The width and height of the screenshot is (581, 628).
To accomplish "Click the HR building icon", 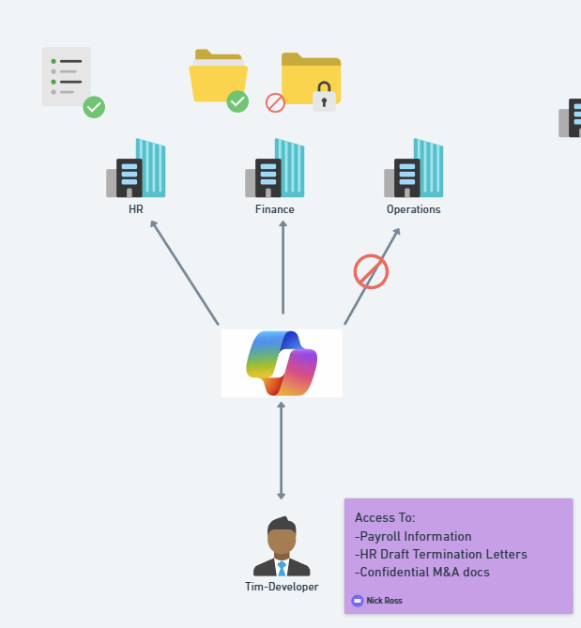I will (136, 169).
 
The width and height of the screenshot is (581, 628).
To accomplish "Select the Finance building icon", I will (275, 169).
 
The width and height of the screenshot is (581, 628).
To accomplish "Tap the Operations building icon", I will (414, 169).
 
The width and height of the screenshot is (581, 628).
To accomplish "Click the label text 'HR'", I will (136, 209).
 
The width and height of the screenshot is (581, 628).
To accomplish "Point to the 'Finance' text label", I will (275, 209).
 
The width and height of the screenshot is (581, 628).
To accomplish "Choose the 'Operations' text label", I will (414, 209).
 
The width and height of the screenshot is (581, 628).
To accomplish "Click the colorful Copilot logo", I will (282, 363).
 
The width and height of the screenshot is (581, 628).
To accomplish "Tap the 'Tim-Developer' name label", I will (282, 587).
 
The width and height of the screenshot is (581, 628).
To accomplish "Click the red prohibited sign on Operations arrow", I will (371, 272).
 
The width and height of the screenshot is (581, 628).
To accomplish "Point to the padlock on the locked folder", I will (324, 97).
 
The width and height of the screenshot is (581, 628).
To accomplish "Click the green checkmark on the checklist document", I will (94, 107).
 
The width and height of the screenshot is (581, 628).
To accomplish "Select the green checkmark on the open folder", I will (237, 101).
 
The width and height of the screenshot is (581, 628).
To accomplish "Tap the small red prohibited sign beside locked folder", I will (275, 102).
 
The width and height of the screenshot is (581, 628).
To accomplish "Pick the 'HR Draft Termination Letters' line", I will (441, 554).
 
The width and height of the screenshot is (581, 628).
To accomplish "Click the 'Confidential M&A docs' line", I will (422, 572).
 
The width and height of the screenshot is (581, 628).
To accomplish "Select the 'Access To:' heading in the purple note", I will (385, 517).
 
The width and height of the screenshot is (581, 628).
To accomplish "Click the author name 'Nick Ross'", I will (384, 601).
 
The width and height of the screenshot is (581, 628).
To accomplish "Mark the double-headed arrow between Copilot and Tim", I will (282, 451).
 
